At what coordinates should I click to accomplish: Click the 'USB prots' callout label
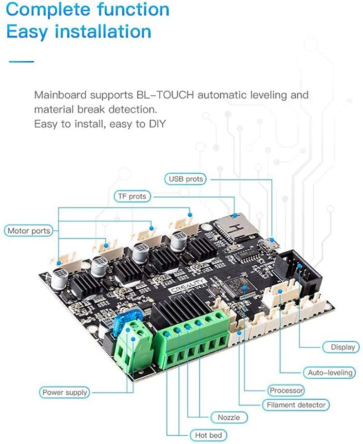click(185, 179)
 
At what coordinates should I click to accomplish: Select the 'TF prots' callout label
click(133, 196)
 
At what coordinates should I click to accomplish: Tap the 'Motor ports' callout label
click(29, 230)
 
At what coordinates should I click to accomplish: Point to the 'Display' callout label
click(343, 347)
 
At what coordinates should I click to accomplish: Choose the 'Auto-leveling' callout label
click(329, 372)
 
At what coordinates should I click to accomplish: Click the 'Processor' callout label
click(286, 390)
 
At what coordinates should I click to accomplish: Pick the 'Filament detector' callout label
click(296, 405)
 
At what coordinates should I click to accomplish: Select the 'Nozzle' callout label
click(229, 417)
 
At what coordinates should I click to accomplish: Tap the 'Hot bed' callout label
click(208, 435)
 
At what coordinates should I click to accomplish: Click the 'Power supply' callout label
click(64, 392)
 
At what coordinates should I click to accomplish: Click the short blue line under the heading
click(21, 61)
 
